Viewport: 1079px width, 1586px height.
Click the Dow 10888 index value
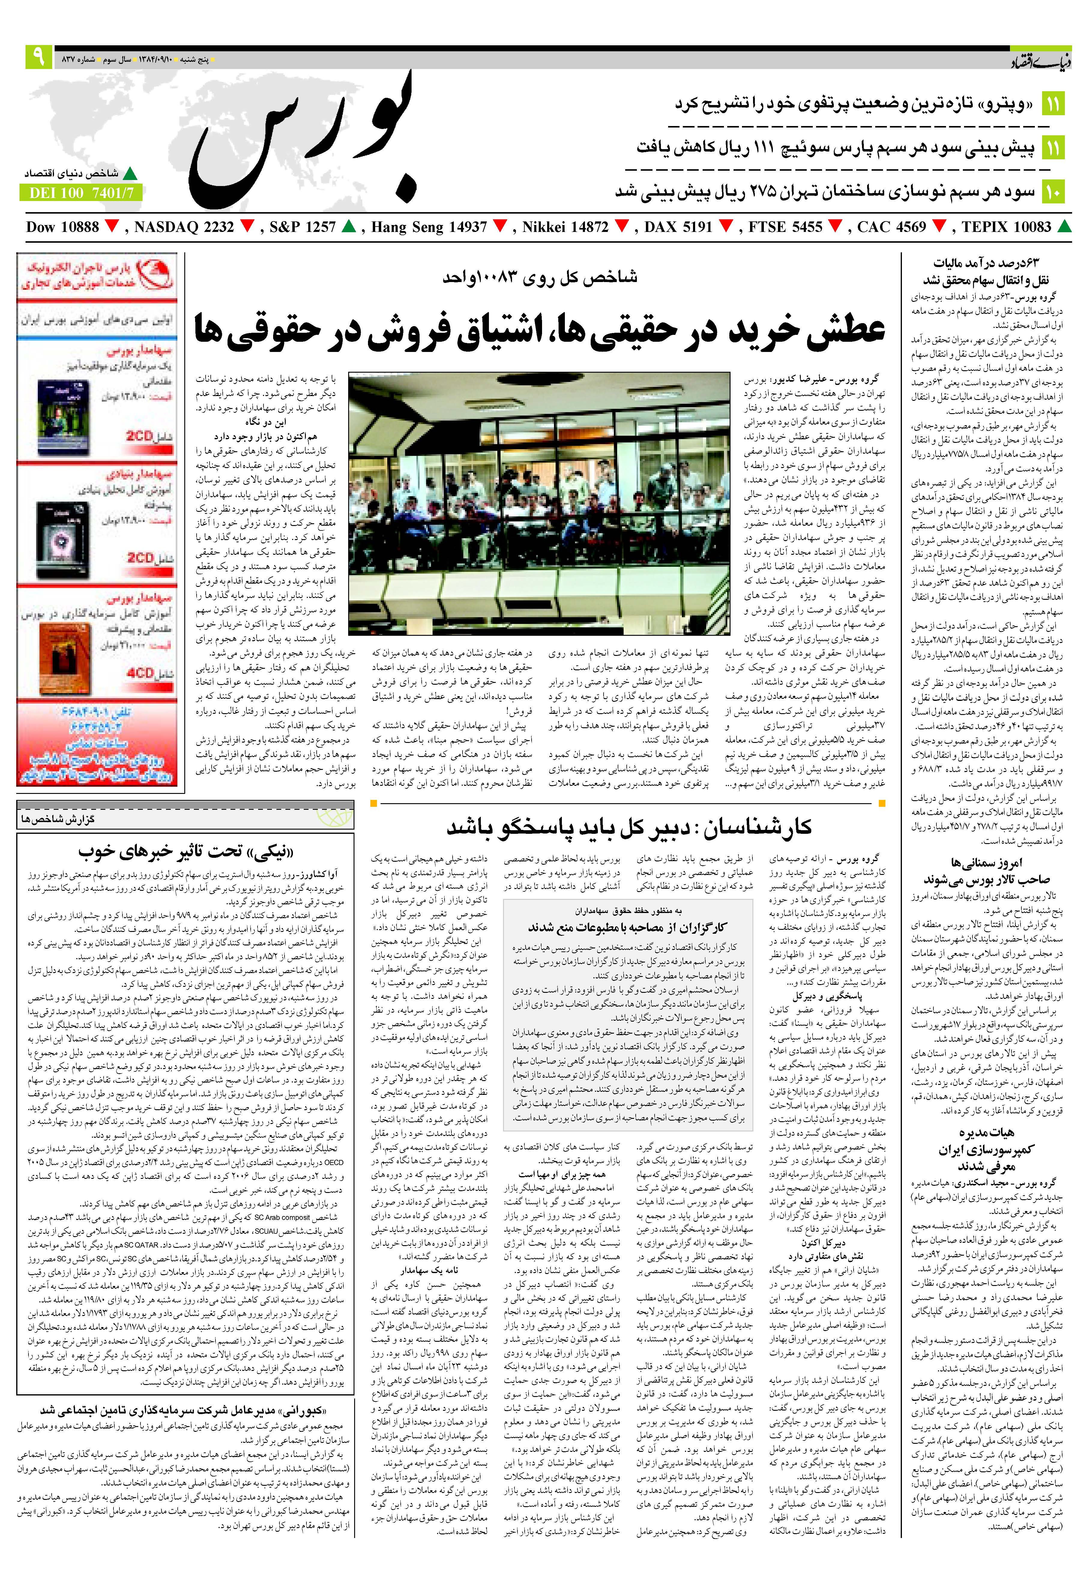point(63,227)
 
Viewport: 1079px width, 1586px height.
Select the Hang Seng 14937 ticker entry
point(429,227)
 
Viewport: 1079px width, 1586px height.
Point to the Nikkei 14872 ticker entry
point(565,227)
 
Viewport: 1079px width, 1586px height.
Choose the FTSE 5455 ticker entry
point(785,227)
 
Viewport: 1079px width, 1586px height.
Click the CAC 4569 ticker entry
point(891,227)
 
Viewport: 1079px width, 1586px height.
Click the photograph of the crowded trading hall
point(539,503)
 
